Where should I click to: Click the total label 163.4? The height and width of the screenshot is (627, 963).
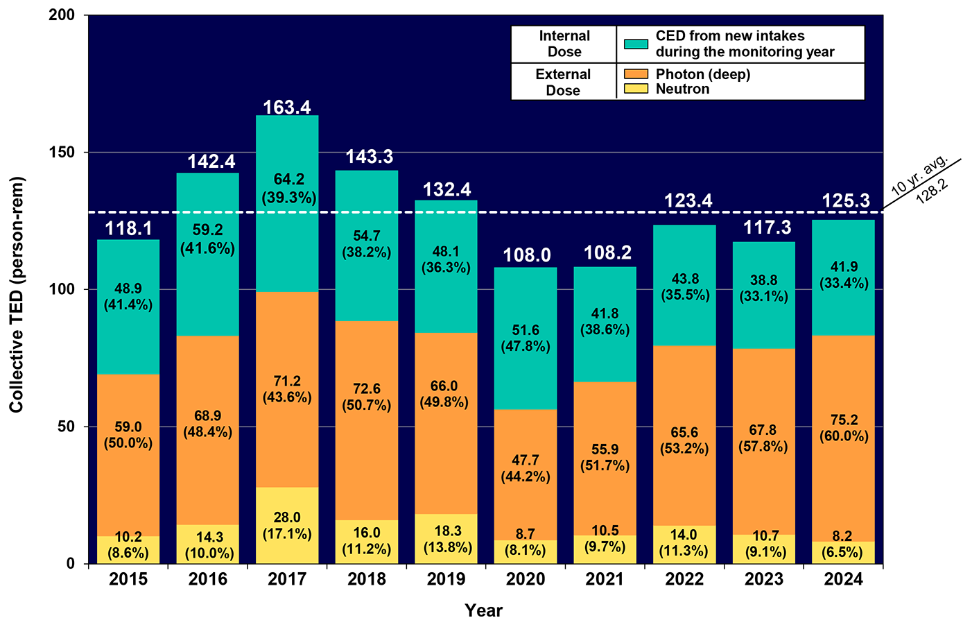coord(287,108)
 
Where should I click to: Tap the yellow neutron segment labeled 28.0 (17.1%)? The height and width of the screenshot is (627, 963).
coord(287,525)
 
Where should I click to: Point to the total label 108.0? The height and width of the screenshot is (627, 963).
coord(526,255)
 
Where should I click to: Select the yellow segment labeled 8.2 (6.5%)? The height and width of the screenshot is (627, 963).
coord(843,552)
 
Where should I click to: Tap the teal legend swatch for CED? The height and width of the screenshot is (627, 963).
coord(636,44)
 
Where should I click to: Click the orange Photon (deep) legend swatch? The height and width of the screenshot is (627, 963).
coord(636,74)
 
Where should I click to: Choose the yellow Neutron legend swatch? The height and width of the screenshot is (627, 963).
coord(636,89)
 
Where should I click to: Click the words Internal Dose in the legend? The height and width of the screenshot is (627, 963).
coord(564,44)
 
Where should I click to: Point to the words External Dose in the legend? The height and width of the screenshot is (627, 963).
coord(563,82)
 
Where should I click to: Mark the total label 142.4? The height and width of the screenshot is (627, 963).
coord(211,162)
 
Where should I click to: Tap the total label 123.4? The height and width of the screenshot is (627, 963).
coord(688,201)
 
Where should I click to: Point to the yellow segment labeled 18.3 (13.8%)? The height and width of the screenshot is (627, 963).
coord(446,538)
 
